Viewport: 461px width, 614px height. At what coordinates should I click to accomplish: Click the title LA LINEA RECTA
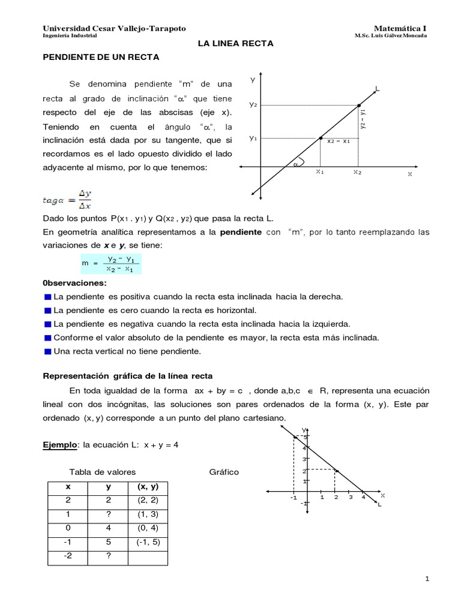(236, 43)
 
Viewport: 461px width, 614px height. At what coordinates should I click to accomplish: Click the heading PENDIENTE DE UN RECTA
(100, 58)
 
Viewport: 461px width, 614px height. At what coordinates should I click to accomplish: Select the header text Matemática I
(400, 28)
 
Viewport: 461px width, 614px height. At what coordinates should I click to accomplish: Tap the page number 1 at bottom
(427, 579)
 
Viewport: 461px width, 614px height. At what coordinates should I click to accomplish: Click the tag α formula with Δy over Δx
(67, 200)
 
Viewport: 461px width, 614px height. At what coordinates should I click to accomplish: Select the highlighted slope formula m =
(110, 264)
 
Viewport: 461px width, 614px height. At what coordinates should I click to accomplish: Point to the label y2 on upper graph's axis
(253, 105)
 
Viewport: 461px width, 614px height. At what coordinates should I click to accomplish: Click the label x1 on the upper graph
(320, 172)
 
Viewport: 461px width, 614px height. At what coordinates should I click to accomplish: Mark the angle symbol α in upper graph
(295, 162)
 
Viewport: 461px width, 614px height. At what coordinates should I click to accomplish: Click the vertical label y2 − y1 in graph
(363, 119)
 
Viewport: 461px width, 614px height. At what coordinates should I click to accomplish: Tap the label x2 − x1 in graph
(339, 142)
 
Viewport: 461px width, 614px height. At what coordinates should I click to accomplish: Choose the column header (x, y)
(148, 487)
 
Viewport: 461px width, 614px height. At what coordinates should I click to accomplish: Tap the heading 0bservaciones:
(74, 283)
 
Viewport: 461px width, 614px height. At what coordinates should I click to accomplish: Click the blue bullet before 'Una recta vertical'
(48, 351)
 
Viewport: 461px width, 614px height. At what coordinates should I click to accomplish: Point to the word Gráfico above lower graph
(224, 472)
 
